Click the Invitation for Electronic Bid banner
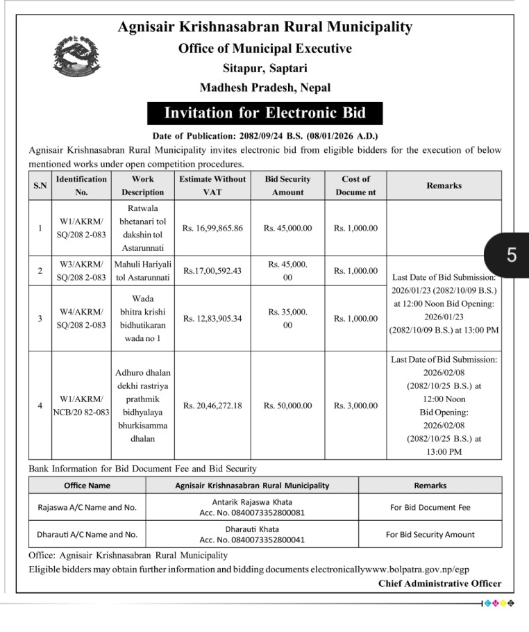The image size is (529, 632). tap(264, 113)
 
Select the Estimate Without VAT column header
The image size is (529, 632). tap(212, 185)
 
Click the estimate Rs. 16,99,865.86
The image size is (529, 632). tap(212, 228)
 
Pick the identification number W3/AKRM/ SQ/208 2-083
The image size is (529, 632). tap(81, 271)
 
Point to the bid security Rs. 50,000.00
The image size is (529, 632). tap(287, 406)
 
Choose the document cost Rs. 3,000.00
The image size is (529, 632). tap(355, 406)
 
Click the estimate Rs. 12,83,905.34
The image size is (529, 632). tap(212, 319)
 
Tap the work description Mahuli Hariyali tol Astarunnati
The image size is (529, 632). tap(142, 271)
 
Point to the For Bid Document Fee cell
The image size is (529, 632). tap(430, 508)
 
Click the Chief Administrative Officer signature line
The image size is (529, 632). tap(439, 583)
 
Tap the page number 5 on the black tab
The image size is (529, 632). tap(512, 255)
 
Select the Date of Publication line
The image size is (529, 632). tap(264, 136)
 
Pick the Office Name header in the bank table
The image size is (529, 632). tap(87, 485)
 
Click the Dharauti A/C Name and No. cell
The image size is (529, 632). tap(87, 535)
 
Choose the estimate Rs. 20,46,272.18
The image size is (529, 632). tap(212, 406)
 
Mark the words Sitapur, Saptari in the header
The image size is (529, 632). tap(264, 68)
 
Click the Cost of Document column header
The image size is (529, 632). tap(355, 185)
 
